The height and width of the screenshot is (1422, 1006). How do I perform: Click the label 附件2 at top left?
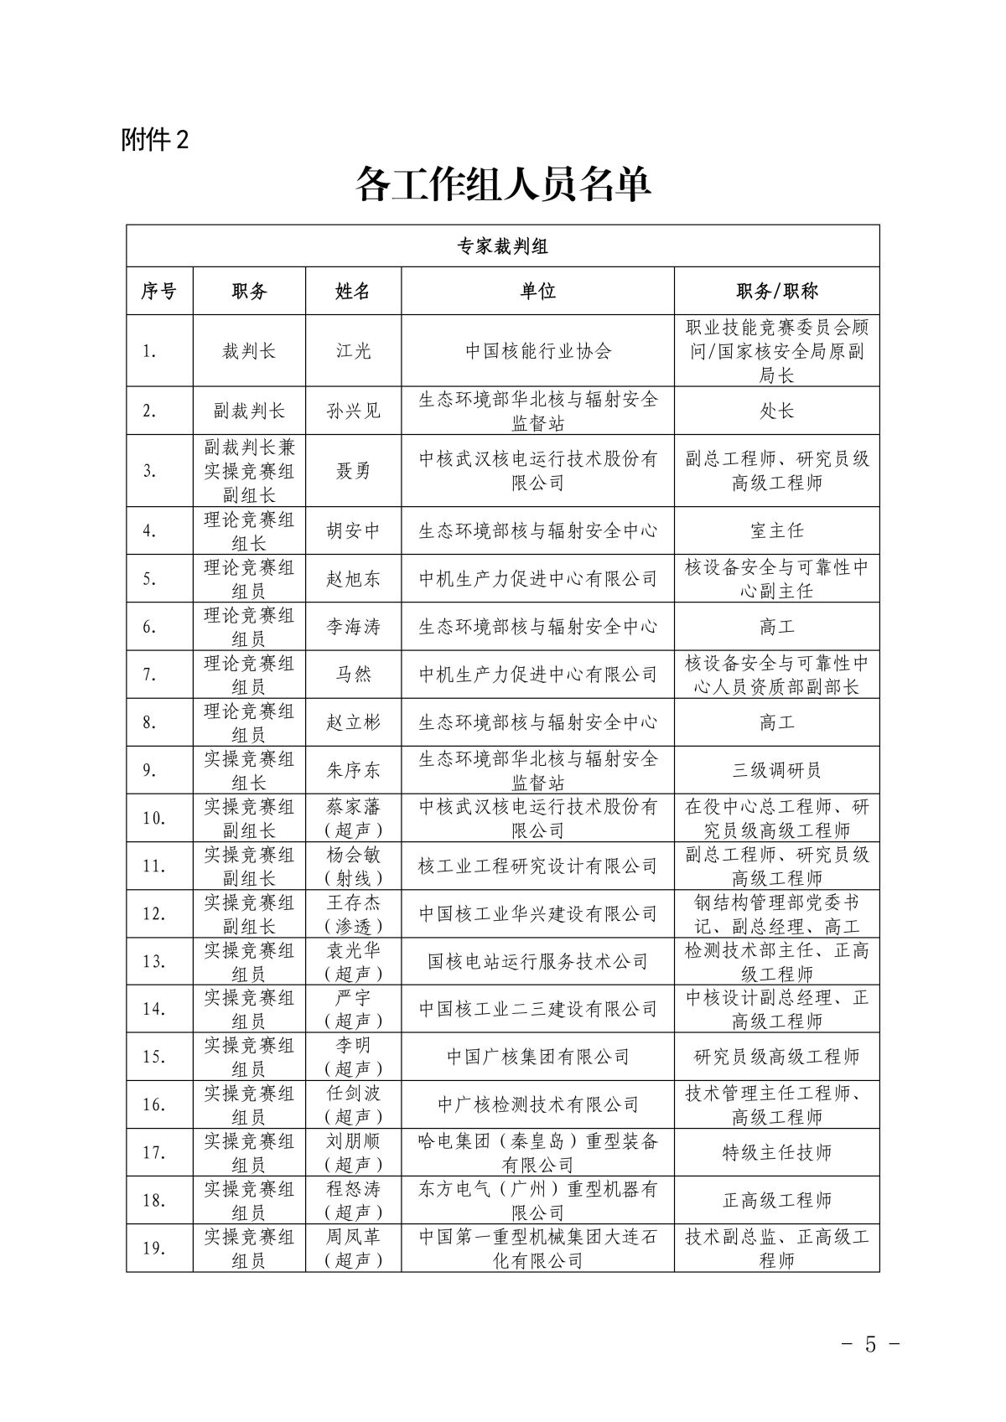(x=155, y=140)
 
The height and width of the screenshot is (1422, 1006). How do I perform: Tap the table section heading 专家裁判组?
(x=503, y=246)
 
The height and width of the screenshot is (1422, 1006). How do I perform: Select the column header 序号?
(x=159, y=291)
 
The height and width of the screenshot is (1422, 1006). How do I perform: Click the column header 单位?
(x=537, y=291)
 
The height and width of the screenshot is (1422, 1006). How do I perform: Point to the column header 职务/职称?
(x=776, y=291)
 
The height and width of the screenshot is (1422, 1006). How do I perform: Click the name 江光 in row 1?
(x=353, y=351)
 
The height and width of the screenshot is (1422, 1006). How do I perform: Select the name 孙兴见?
(x=353, y=411)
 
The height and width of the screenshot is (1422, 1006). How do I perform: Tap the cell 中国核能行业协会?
(x=537, y=351)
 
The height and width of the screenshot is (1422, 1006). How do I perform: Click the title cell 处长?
(x=776, y=411)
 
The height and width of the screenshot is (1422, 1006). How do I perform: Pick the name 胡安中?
(x=353, y=530)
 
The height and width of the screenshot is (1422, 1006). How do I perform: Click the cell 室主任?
(x=776, y=530)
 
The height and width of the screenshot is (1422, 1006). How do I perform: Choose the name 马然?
(x=353, y=675)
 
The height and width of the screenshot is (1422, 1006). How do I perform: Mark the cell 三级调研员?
(x=776, y=770)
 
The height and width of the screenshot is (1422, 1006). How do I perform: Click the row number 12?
(x=154, y=913)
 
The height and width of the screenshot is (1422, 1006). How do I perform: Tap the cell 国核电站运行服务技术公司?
(x=537, y=961)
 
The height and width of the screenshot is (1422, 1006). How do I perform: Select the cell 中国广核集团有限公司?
(x=537, y=1057)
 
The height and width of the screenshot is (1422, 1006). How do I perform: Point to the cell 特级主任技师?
(x=776, y=1152)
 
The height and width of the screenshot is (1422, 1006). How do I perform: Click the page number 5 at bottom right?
(x=869, y=1345)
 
